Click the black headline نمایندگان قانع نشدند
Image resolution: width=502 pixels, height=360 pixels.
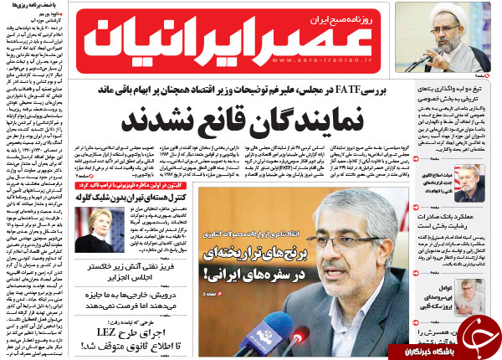point(250,120)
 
